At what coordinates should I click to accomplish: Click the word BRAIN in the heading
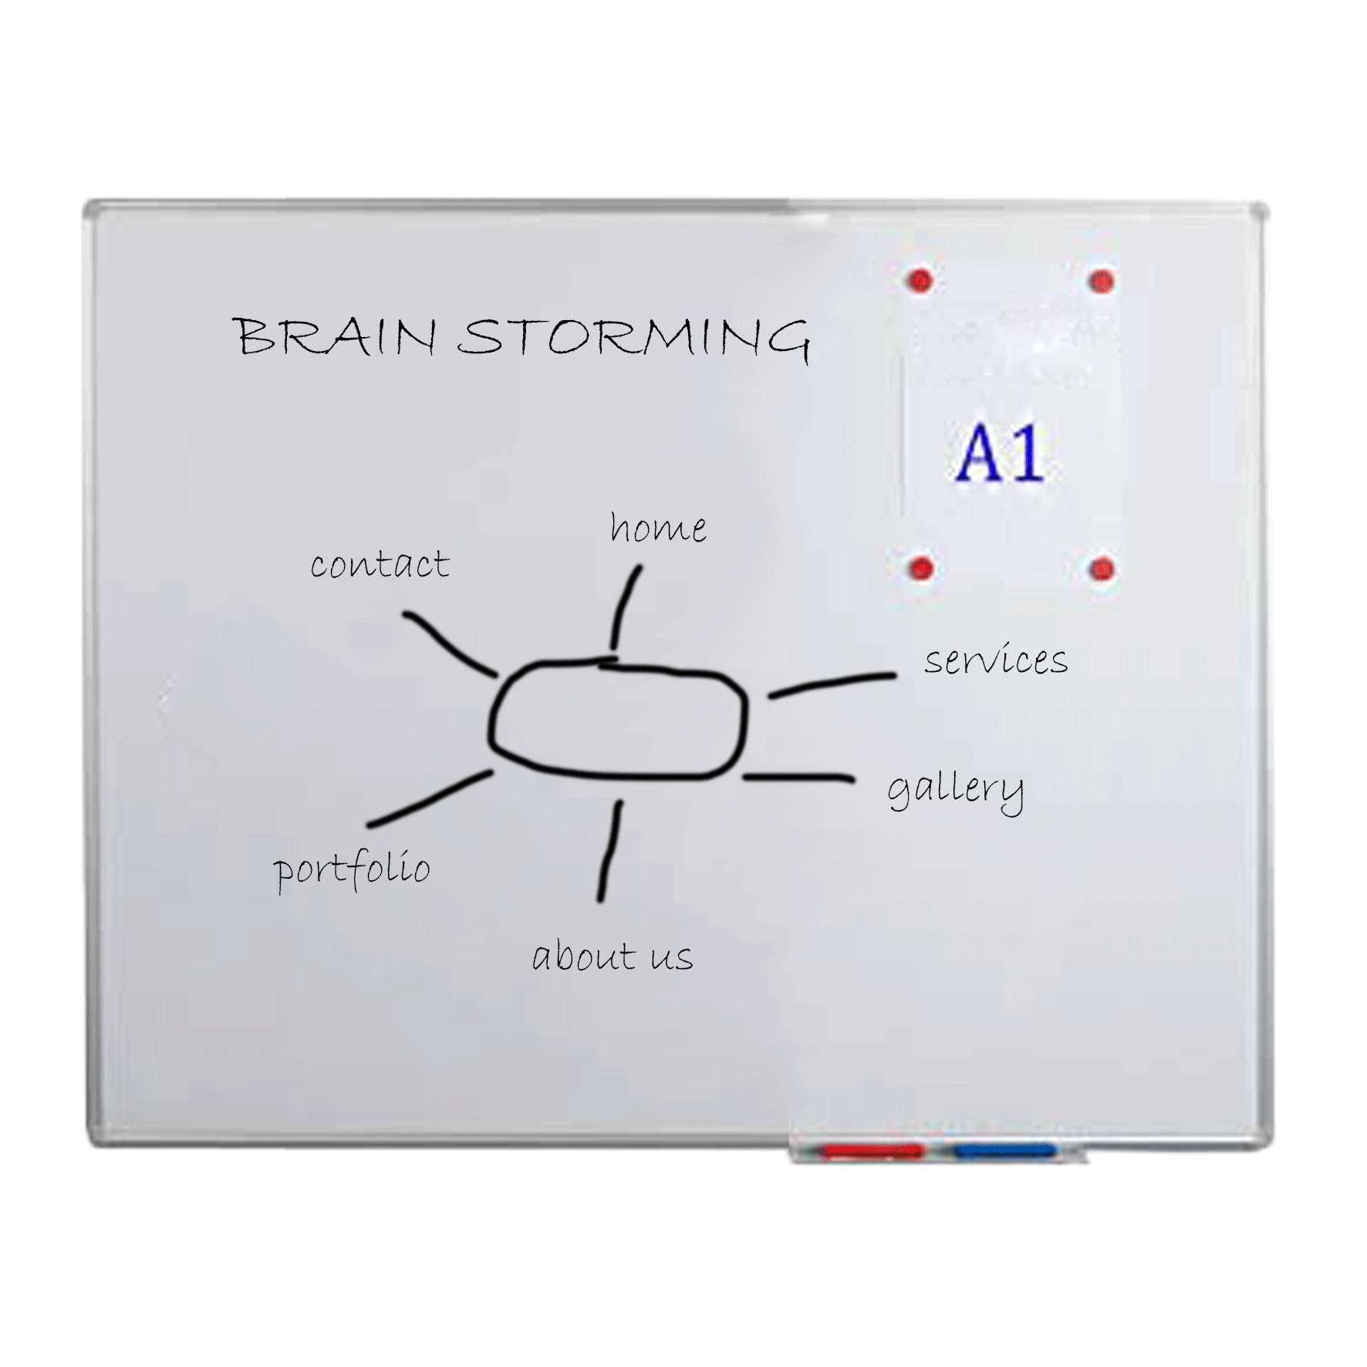(335, 336)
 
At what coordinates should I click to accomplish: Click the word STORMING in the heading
(633, 337)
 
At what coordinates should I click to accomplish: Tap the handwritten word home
(658, 528)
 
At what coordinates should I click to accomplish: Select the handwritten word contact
(380, 564)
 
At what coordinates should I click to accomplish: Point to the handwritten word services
(996, 660)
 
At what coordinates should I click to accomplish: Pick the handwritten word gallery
(956, 790)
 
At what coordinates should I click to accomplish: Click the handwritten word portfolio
(352, 869)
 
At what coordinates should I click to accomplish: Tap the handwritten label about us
(613, 956)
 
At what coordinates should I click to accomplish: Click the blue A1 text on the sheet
(1001, 453)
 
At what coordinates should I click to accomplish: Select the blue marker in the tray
(1004, 1152)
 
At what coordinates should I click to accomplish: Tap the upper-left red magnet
(920, 281)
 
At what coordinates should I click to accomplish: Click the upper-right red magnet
(1101, 282)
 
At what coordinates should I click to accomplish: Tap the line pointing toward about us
(610, 851)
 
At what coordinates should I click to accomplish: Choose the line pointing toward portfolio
(429, 798)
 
